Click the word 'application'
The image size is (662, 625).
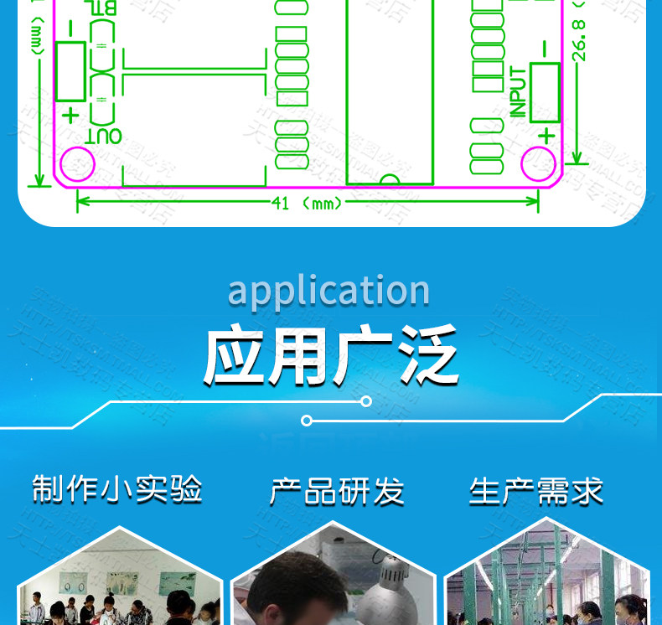point(328,291)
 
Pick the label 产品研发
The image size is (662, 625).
point(337,492)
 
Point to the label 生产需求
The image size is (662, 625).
point(536,492)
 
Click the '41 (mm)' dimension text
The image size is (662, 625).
point(308,204)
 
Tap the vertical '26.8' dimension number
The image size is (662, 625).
point(578,39)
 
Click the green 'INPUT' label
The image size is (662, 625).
point(519,92)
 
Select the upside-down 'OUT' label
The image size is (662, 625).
point(104,135)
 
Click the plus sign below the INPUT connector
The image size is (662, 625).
point(547,134)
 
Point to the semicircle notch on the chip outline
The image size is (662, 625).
point(390,178)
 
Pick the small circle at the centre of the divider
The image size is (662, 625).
point(307,420)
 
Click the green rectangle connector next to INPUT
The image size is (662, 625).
point(545,91)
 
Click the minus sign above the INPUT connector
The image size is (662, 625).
point(545,49)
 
